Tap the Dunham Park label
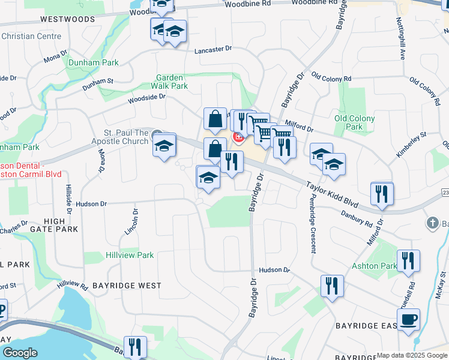click(93, 62)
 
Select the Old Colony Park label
click(355, 122)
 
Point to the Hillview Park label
click(129, 255)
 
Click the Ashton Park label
click(382, 266)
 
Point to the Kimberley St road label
click(411, 146)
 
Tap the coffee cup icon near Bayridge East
click(408, 319)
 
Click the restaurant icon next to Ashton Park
click(408, 260)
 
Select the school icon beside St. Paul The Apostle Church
click(164, 145)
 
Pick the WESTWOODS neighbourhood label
click(68, 19)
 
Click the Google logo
click(20, 352)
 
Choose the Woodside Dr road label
click(146, 98)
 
